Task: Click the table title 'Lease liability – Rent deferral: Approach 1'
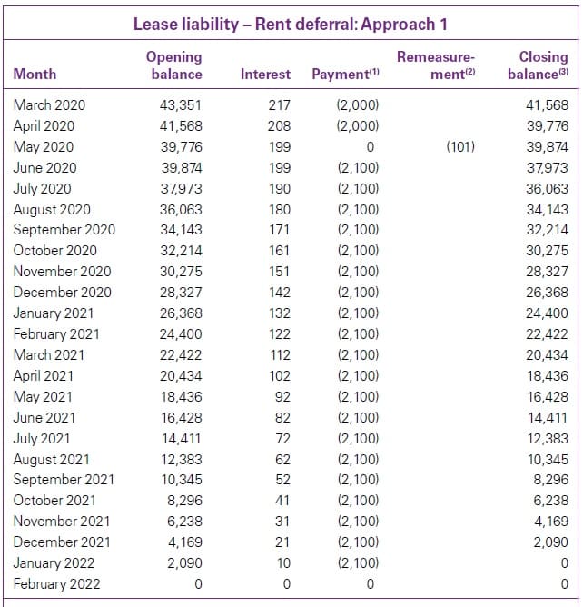click(291, 24)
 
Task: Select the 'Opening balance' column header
click(174, 65)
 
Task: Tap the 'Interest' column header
click(265, 74)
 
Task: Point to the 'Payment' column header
click(344, 74)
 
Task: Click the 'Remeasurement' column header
click(437, 65)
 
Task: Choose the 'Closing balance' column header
click(538, 65)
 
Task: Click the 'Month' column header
click(35, 74)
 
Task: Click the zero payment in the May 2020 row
click(370, 146)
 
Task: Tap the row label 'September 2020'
click(64, 229)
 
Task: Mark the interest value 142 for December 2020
click(279, 292)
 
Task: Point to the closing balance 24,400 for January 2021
click(547, 313)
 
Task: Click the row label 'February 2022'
click(57, 583)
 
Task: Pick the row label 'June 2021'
click(44, 417)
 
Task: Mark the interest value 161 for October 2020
click(279, 250)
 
